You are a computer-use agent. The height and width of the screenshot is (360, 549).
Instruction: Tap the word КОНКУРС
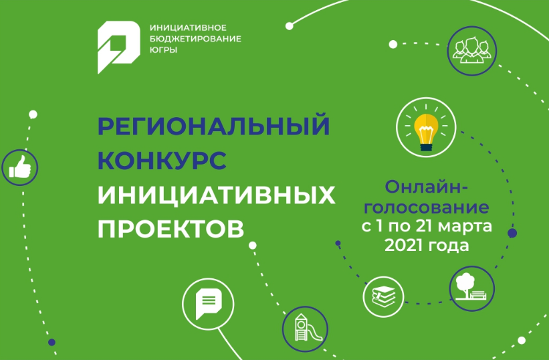(162, 160)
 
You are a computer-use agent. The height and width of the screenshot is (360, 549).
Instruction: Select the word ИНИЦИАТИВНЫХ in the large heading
(217, 195)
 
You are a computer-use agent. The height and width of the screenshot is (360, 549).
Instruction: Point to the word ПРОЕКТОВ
(171, 229)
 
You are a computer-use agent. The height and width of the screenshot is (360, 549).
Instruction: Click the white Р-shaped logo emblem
(118, 48)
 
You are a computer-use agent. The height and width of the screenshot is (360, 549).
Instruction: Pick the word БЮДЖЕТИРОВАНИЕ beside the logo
(195, 39)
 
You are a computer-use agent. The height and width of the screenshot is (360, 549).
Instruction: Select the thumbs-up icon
(20, 167)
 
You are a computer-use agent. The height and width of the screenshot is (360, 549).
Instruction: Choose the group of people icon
(471, 50)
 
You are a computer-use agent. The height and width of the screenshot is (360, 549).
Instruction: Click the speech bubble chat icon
(209, 303)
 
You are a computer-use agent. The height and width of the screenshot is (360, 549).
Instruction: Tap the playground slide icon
(306, 328)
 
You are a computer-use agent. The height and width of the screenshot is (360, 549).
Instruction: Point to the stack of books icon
(383, 296)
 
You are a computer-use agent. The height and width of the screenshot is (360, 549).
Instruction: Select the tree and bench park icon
(471, 287)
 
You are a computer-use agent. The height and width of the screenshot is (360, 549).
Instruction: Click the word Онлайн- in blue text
(427, 187)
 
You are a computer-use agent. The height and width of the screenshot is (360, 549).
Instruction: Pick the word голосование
(427, 207)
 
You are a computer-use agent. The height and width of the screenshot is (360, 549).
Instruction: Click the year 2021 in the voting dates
(403, 245)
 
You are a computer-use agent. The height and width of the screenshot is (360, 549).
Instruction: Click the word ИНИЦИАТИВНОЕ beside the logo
(188, 27)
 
